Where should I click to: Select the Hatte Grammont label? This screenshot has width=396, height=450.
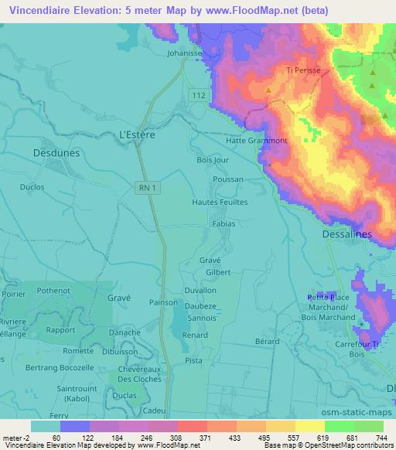[256, 141]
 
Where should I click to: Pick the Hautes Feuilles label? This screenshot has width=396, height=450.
[220, 202]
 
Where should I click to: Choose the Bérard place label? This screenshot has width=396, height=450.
[267, 341]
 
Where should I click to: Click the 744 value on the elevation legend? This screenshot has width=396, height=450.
[381, 438]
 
